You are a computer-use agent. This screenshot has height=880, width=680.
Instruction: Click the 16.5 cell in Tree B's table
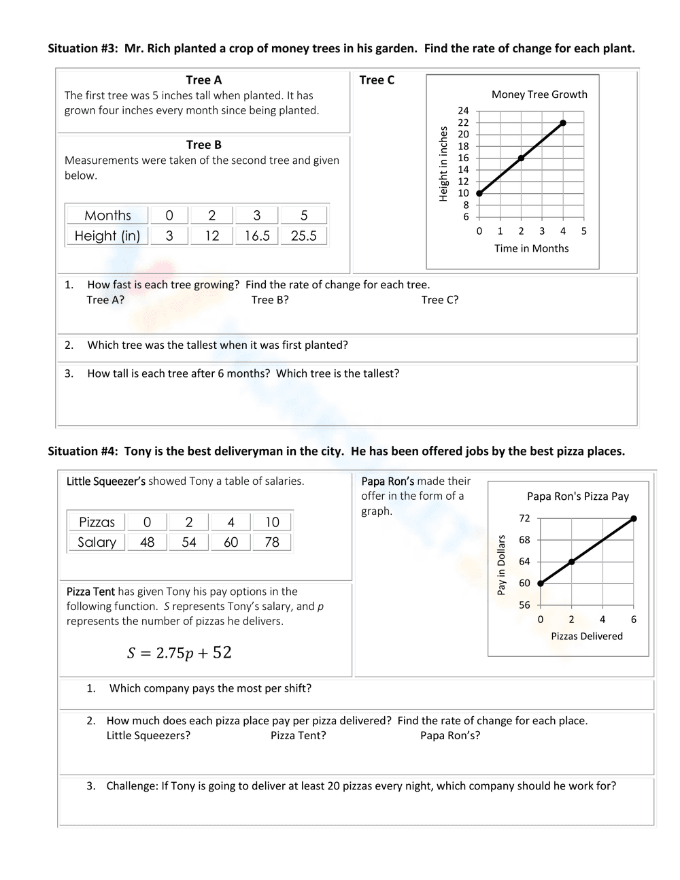click(x=257, y=236)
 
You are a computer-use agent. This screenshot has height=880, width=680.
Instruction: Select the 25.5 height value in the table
click(x=303, y=236)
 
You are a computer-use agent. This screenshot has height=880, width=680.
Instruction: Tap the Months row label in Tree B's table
click(x=107, y=216)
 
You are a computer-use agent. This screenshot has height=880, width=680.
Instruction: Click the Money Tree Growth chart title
click(x=539, y=95)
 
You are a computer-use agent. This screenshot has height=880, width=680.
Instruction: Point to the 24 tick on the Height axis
click(x=463, y=111)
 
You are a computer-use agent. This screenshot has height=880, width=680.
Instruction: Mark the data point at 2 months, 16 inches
click(x=521, y=158)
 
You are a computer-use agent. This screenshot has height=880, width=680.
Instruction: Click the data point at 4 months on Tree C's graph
click(x=563, y=123)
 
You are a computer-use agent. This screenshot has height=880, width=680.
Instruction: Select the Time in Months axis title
click(x=531, y=248)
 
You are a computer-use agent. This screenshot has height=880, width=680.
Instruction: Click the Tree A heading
click(x=204, y=80)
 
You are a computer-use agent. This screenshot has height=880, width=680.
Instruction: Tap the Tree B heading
click(x=204, y=145)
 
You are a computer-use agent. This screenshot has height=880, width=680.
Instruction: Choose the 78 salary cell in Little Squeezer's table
click(x=272, y=542)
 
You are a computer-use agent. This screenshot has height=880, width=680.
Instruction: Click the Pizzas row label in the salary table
click(x=97, y=522)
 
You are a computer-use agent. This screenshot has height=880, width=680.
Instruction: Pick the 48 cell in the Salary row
click(x=147, y=542)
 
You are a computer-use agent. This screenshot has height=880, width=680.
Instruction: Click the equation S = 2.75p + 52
click(x=180, y=653)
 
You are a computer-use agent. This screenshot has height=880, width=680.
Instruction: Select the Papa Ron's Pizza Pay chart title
click(x=578, y=496)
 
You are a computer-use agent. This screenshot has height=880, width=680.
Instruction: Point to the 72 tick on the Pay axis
click(x=524, y=518)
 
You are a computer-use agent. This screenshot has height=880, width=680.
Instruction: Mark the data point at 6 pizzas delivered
click(x=634, y=518)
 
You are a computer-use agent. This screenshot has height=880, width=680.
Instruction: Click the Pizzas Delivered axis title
click(x=586, y=637)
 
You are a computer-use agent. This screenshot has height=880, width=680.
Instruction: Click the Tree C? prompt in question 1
click(x=440, y=300)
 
